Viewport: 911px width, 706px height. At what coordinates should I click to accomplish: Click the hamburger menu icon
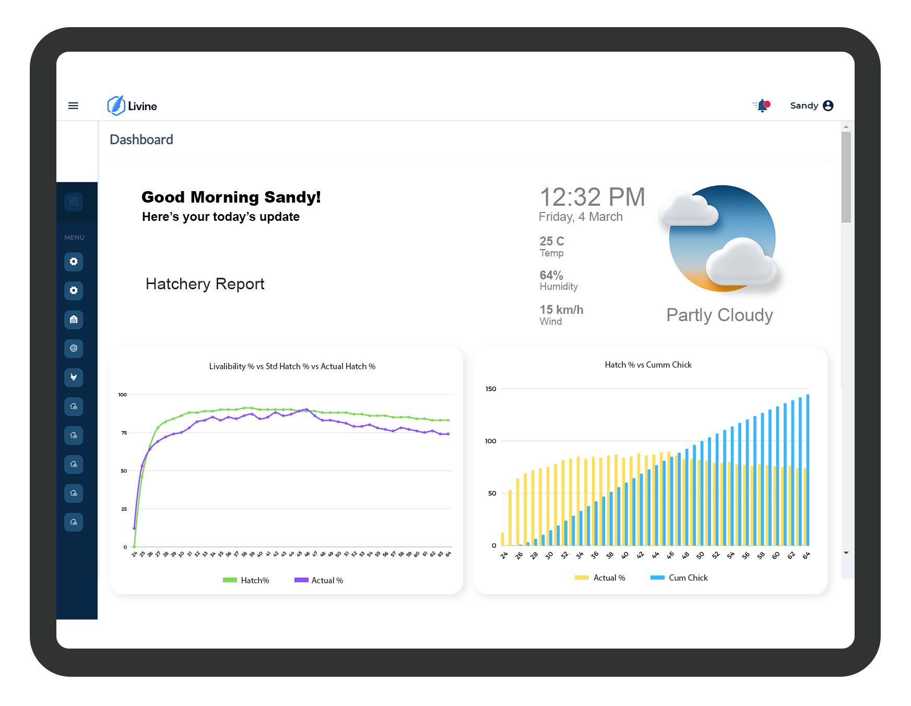pyautogui.click(x=73, y=105)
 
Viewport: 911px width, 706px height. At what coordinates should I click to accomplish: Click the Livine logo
pyautogui.click(x=132, y=106)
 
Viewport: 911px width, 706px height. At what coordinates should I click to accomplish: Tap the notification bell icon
pyautogui.click(x=762, y=106)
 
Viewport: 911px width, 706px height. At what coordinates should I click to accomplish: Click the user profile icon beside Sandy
pyautogui.click(x=828, y=105)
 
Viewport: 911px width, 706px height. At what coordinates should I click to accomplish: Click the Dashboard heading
pyautogui.click(x=141, y=139)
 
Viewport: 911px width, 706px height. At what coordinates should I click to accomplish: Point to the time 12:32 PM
pyautogui.click(x=592, y=197)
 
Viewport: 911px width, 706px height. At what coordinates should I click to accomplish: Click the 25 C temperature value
pyautogui.click(x=552, y=241)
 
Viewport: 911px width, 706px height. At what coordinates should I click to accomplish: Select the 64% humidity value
pyautogui.click(x=551, y=275)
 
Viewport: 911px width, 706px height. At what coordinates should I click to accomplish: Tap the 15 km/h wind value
pyautogui.click(x=561, y=310)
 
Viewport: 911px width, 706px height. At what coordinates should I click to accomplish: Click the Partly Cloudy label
pyautogui.click(x=719, y=315)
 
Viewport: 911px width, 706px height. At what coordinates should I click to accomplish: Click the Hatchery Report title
pyautogui.click(x=205, y=284)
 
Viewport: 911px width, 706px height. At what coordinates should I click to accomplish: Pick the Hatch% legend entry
pyautogui.click(x=246, y=580)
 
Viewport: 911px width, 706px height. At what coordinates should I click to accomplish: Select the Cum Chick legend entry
pyautogui.click(x=679, y=578)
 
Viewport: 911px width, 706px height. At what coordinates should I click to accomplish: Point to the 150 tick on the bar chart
pyautogui.click(x=491, y=389)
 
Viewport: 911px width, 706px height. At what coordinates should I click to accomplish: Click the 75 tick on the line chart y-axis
pyautogui.click(x=124, y=433)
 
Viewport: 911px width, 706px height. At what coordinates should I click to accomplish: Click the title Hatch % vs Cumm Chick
pyautogui.click(x=648, y=364)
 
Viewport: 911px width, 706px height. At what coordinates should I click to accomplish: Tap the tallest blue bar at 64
pyautogui.click(x=808, y=470)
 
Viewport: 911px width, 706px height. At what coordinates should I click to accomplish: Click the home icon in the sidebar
pyautogui.click(x=74, y=320)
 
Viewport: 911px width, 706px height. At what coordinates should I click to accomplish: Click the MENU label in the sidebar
pyautogui.click(x=74, y=238)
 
